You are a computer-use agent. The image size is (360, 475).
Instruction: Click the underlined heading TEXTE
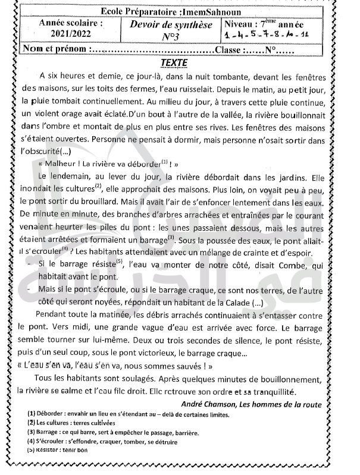click(x=174, y=62)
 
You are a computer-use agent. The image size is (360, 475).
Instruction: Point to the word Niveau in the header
click(x=242, y=25)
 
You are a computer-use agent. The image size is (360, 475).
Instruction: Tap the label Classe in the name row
click(x=230, y=50)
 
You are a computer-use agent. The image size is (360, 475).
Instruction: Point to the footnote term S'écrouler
click(x=51, y=442)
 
